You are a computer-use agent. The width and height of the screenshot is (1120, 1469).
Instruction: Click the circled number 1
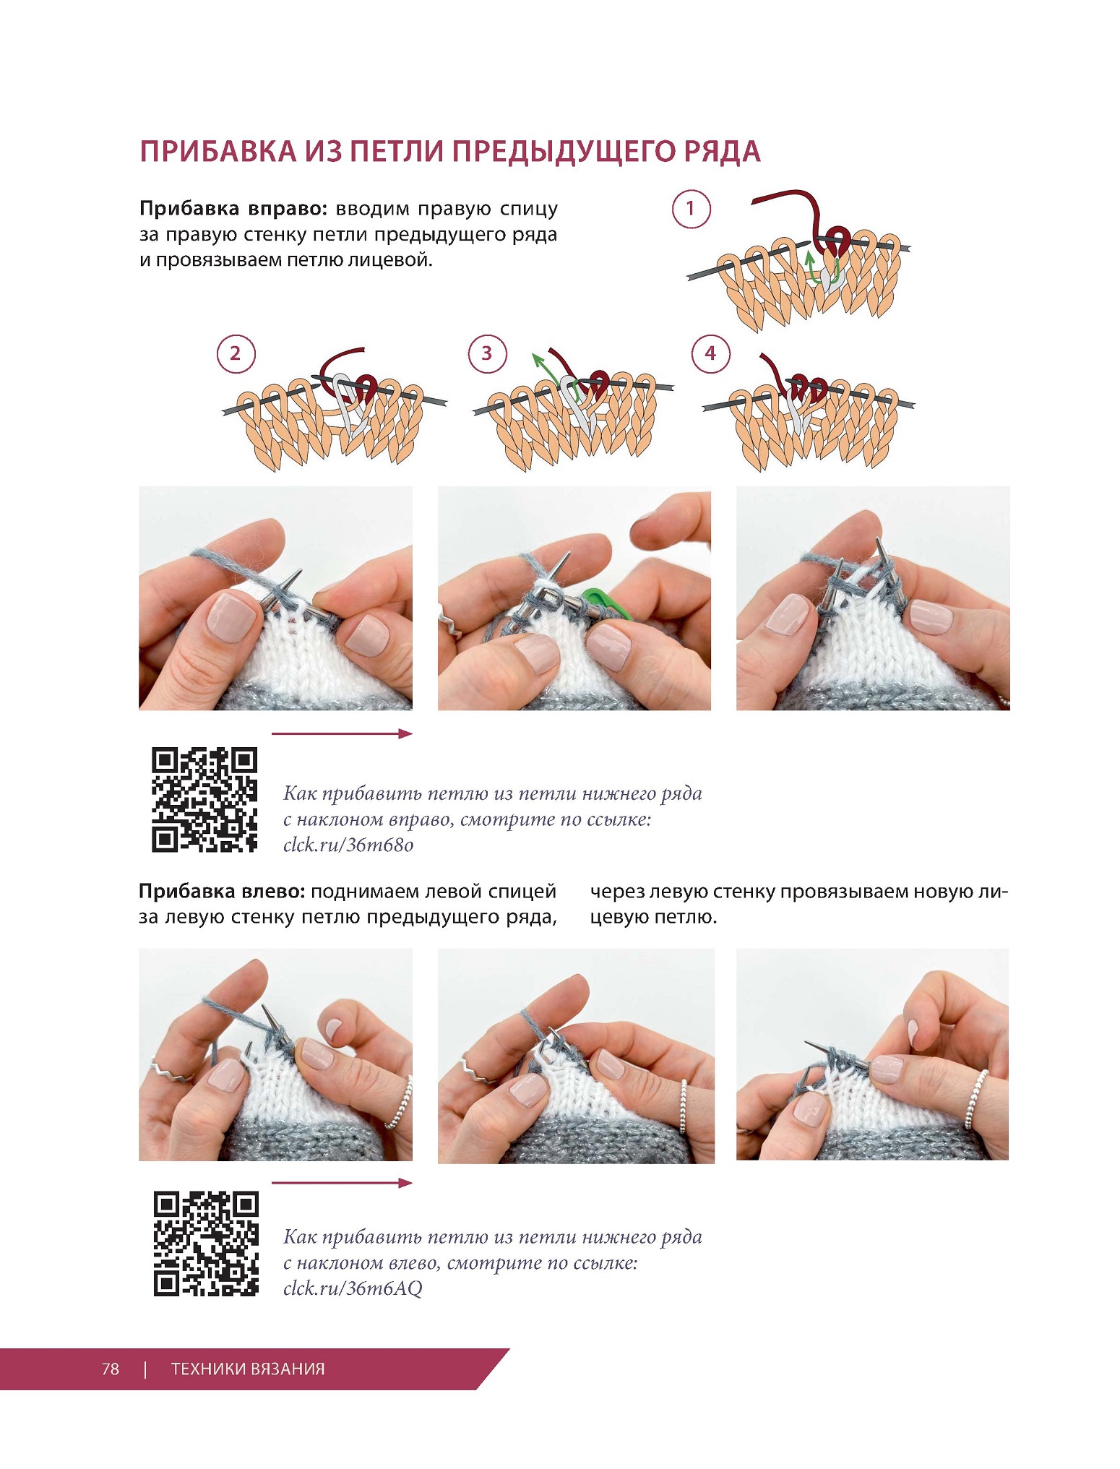691,210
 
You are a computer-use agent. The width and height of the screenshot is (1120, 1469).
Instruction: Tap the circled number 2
235,353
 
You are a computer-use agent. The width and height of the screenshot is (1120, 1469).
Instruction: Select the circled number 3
487,353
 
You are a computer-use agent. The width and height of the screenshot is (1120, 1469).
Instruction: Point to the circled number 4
710,353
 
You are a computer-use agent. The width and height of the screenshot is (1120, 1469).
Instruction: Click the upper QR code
204,800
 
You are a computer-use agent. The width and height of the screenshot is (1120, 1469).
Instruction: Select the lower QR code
206,1244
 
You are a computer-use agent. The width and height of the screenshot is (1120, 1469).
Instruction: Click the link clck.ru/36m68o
348,845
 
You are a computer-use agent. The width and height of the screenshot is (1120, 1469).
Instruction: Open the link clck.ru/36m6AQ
353,1289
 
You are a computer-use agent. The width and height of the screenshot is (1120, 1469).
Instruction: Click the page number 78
111,1369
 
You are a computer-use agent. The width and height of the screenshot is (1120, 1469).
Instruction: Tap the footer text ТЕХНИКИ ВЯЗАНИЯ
248,1369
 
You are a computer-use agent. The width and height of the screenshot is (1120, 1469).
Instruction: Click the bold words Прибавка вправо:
234,210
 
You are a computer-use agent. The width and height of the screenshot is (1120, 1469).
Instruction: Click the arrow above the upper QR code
342,733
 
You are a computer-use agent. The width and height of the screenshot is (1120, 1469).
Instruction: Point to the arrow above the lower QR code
342,1183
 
